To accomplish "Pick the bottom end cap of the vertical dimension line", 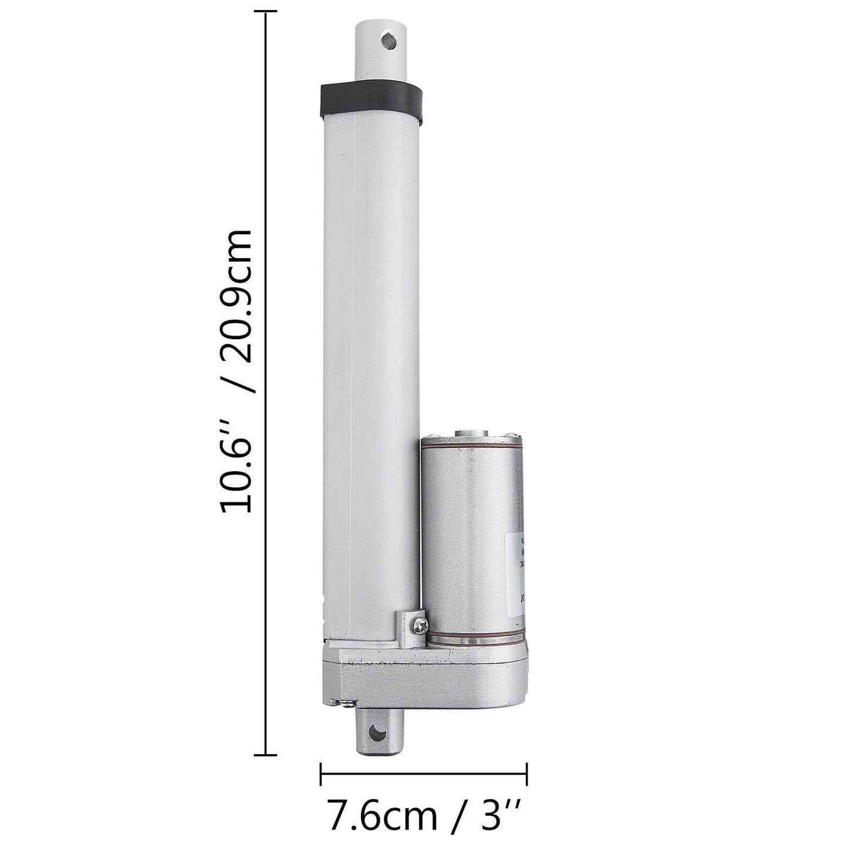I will pos(267,755).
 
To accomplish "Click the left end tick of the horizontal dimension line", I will pos(321,773).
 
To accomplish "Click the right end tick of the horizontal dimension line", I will pos(526,773).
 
